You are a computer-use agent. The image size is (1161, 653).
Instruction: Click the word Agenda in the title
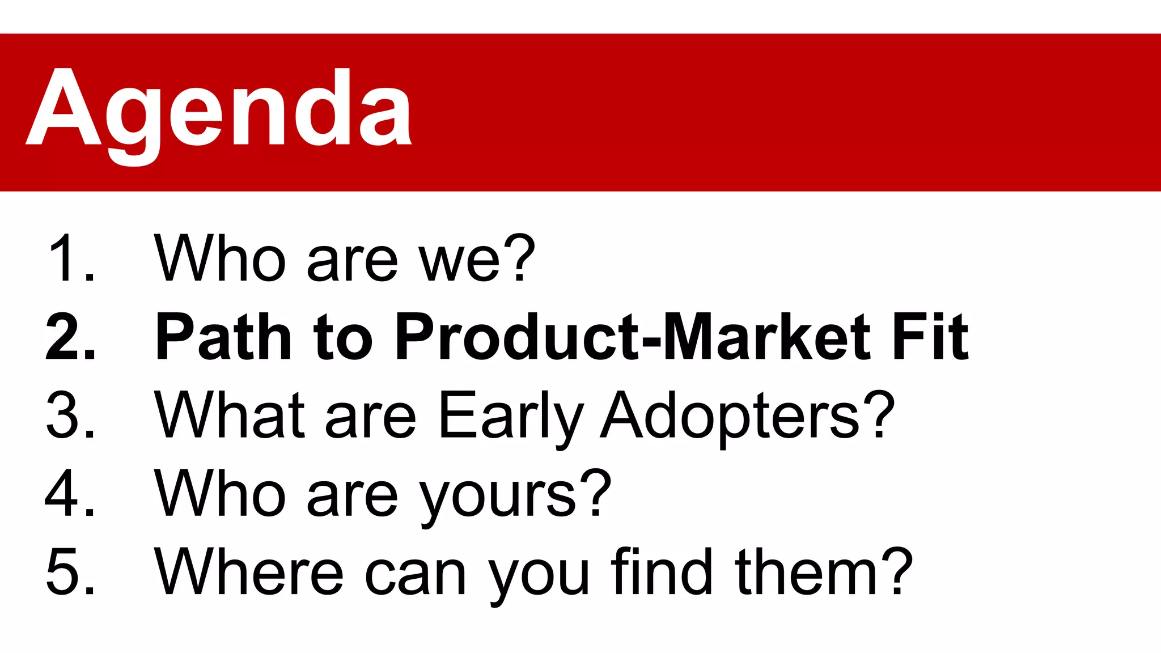pyautogui.click(x=219, y=111)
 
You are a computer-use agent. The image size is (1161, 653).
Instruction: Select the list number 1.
pyautogui.click(x=71, y=258)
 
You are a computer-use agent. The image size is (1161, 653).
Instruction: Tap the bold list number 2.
pyautogui.click(x=71, y=337)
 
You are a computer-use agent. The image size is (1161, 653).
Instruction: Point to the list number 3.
pyautogui.click(x=71, y=415)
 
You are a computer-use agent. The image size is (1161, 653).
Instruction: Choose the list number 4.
pyautogui.click(x=71, y=493)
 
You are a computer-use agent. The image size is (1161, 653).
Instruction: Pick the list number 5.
pyautogui.click(x=71, y=571)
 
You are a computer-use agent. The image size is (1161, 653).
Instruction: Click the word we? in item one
pyautogui.click(x=476, y=258)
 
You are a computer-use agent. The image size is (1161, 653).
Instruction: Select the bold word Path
pyautogui.click(x=223, y=337)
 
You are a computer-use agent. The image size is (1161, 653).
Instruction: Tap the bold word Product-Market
pyautogui.click(x=632, y=337)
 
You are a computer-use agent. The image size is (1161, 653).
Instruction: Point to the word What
pyautogui.click(x=230, y=415)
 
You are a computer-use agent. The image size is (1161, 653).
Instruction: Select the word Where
pyautogui.click(x=249, y=571)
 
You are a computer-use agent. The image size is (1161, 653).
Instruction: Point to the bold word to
pyautogui.click(x=343, y=338)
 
